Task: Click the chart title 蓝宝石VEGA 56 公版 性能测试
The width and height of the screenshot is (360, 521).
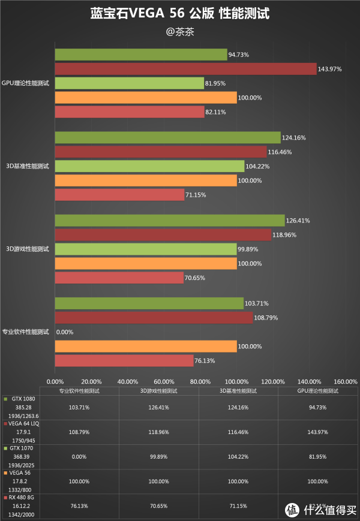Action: coord(179,13)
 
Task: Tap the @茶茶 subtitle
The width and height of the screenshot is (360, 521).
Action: coord(179,32)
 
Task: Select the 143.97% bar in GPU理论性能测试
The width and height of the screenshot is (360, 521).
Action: coord(185,69)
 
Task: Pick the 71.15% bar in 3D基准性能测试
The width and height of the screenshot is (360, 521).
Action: coord(119,194)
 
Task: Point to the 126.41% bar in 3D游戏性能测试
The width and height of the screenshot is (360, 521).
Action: coord(170,220)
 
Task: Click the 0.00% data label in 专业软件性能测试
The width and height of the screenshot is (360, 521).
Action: coord(65,332)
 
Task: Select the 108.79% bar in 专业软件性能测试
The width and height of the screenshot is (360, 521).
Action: coord(154,317)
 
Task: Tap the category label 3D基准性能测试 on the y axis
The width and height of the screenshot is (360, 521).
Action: coord(27,165)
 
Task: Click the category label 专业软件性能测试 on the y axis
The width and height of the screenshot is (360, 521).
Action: coord(26,332)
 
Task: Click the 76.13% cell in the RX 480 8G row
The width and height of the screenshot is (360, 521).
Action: coord(79,505)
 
